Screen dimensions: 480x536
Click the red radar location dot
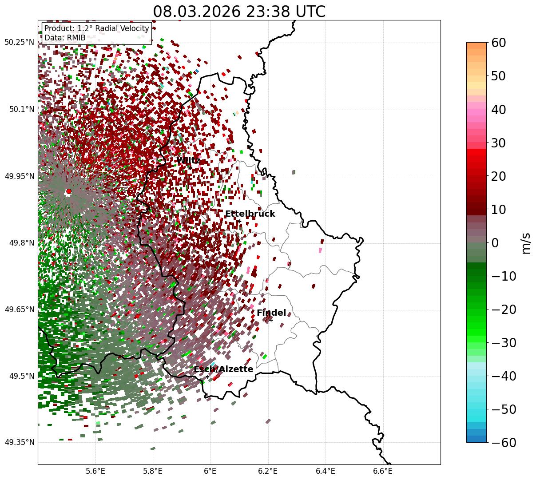tap(68, 191)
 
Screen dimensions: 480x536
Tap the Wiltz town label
tap(188, 160)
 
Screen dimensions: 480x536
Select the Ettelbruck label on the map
tap(250, 214)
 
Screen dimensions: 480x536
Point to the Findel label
tap(271, 313)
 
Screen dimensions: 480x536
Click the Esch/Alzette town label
tap(223, 369)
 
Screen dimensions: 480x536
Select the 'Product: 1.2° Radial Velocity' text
tap(96, 29)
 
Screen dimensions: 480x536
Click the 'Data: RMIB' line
tap(65, 38)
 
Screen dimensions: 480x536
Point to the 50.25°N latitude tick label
tap(19, 43)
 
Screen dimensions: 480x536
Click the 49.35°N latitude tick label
tap(19, 442)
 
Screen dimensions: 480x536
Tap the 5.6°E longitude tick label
tap(95, 471)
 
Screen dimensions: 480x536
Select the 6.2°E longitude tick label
tap(268, 471)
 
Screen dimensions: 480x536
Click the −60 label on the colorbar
tap(504, 442)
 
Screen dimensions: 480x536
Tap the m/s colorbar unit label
tap(526, 242)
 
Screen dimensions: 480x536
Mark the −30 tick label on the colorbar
tap(504, 342)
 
